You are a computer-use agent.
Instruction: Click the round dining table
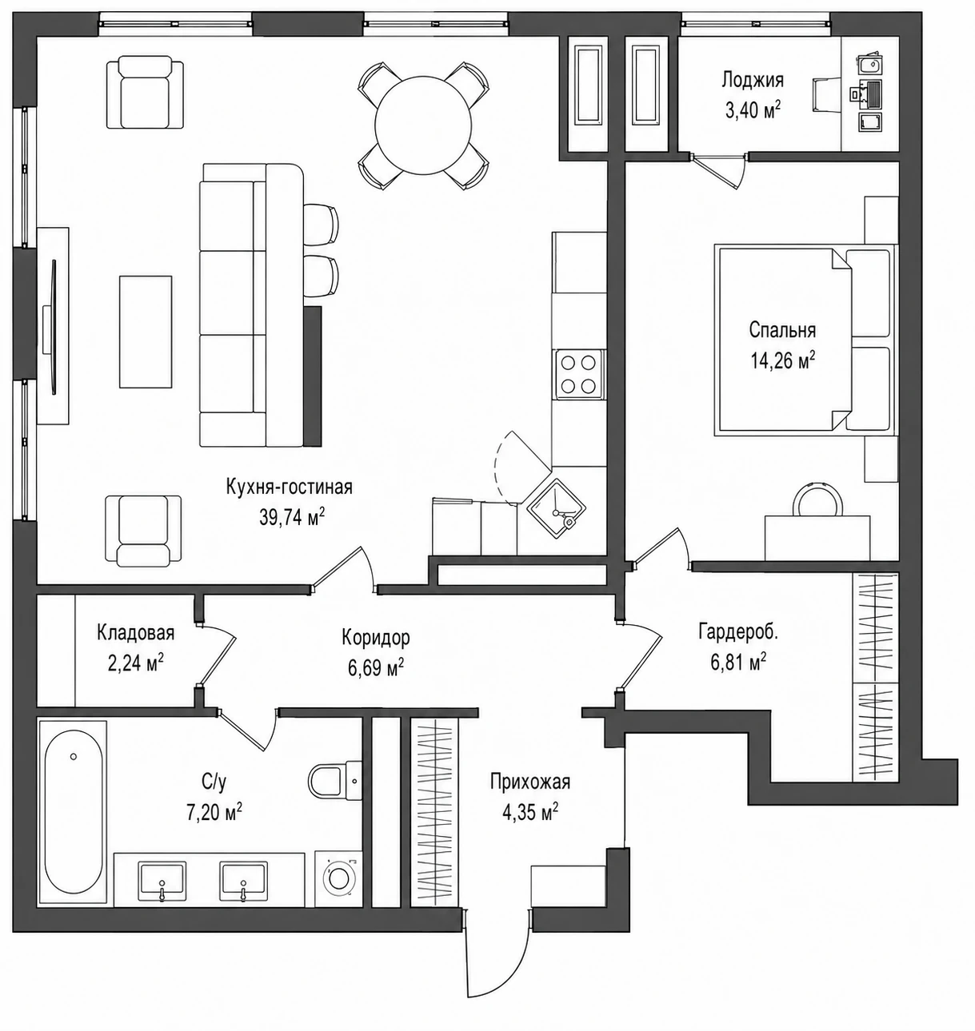tap(424, 125)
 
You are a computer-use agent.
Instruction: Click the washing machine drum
tap(338, 878)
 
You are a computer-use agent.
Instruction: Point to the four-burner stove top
tap(580, 374)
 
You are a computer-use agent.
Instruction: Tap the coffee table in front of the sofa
tap(146, 332)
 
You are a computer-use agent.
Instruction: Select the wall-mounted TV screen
tap(54, 327)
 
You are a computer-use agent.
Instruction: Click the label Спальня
tap(782, 331)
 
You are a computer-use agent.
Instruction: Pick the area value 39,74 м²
tap(292, 517)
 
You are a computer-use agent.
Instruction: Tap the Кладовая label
tap(136, 633)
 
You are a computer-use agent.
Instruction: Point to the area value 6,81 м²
tap(738, 662)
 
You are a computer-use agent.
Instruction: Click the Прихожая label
tap(530, 782)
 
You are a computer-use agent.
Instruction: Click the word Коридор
tap(376, 638)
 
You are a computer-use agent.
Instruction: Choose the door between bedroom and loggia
tap(719, 172)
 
